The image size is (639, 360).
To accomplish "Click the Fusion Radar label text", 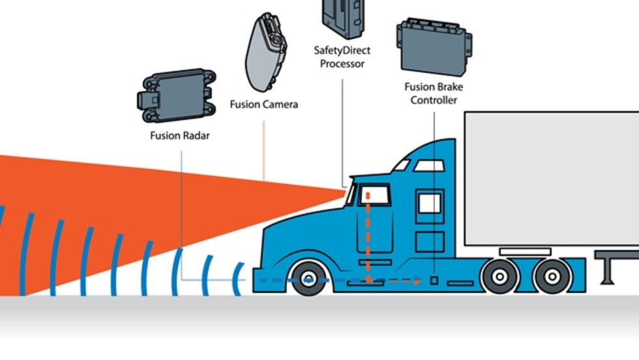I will coord(180,136).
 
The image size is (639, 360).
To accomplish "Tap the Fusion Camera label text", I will coord(264,104).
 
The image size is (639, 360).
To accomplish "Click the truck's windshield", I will coord(351,194).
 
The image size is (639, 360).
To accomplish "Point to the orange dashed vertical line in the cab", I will coord(367,235).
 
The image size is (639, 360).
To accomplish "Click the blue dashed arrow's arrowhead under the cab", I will coord(417,281).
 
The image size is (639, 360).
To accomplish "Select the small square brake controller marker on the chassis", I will coord(434,281).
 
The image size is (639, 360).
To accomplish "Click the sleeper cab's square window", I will coord(429,203).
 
